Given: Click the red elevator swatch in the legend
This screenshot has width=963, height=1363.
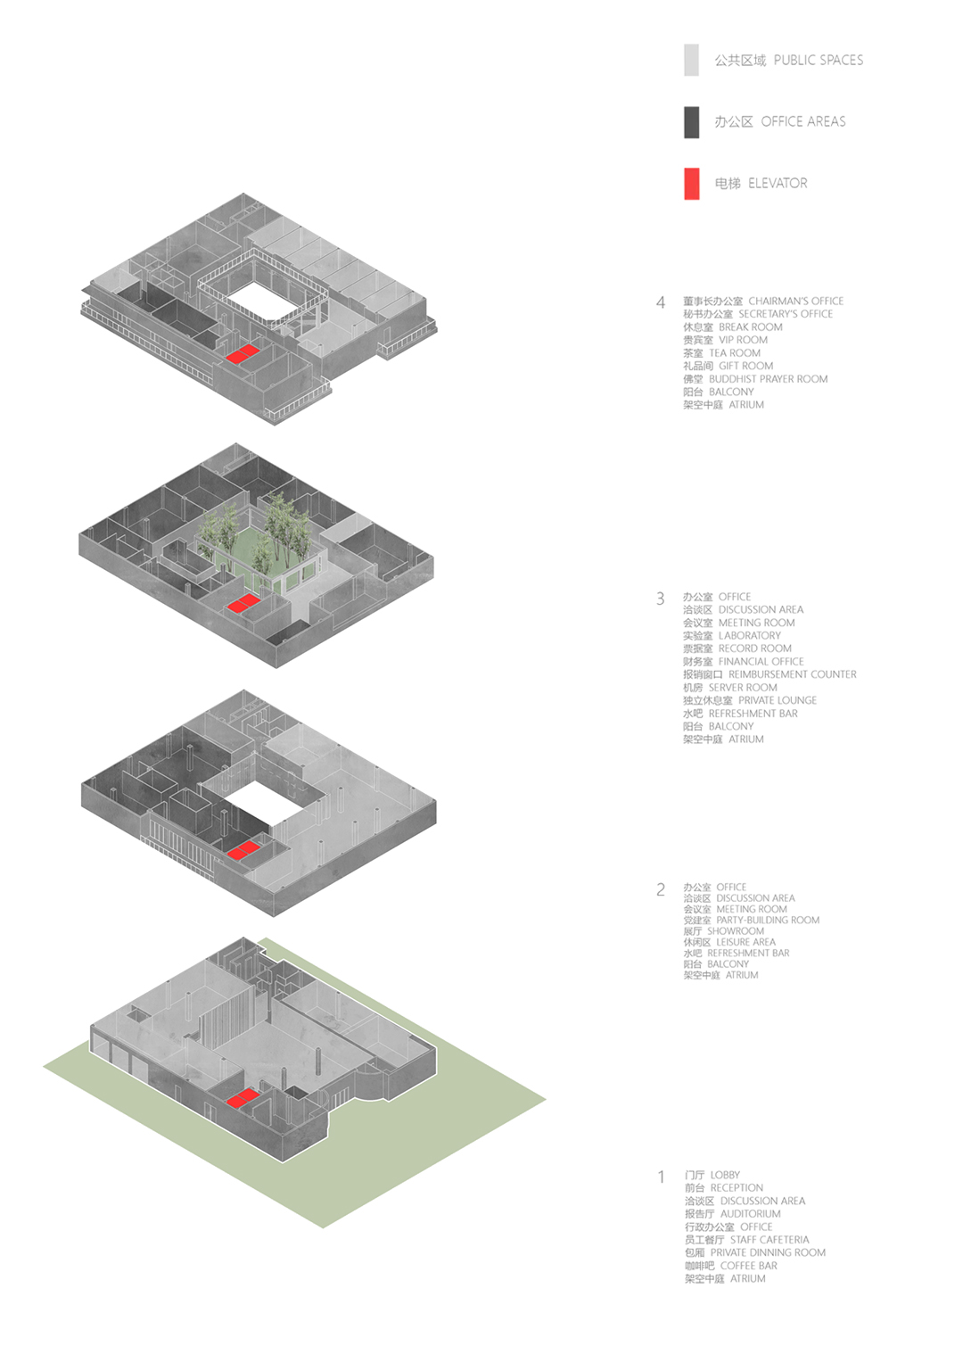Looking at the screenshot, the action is (x=691, y=183).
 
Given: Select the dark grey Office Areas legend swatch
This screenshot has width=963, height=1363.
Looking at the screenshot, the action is (x=691, y=122).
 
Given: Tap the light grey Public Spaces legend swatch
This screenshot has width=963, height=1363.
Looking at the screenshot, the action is (x=691, y=60).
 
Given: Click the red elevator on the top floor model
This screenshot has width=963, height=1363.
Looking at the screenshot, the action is (x=243, y=353).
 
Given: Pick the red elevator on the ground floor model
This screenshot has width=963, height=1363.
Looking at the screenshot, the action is (x=243, y=1099).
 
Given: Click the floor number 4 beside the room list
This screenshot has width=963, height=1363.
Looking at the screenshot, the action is (x=661, y=302).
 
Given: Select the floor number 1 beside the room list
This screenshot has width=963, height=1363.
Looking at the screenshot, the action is (x=662, y=1177).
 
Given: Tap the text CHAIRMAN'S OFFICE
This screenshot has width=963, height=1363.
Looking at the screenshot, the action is (x=795, y=302).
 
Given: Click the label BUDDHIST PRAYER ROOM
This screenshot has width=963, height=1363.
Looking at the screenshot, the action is (x=769, y=379).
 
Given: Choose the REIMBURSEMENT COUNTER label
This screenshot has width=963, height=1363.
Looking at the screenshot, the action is (x=792, y=674).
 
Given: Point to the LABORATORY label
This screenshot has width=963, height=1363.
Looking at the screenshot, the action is (x=750, y=635).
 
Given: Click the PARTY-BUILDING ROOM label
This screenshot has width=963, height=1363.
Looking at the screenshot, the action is (x=768, y=920).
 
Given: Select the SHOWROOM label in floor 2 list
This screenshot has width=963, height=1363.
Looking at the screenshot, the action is (x=736, y=931).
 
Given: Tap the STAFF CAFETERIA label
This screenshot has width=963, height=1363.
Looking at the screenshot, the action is (x=770, y=1240).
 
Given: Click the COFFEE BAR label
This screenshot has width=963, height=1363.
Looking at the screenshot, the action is (x=748, y=1266).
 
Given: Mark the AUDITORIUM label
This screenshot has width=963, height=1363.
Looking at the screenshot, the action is (x=750, y=1213).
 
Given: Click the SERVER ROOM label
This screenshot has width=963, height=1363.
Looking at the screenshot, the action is (x=743, y=688).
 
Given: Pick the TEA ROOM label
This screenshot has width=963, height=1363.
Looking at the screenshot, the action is (x=735, y=353).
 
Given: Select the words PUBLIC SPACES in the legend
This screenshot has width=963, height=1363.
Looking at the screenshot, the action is (x=819, y=61).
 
